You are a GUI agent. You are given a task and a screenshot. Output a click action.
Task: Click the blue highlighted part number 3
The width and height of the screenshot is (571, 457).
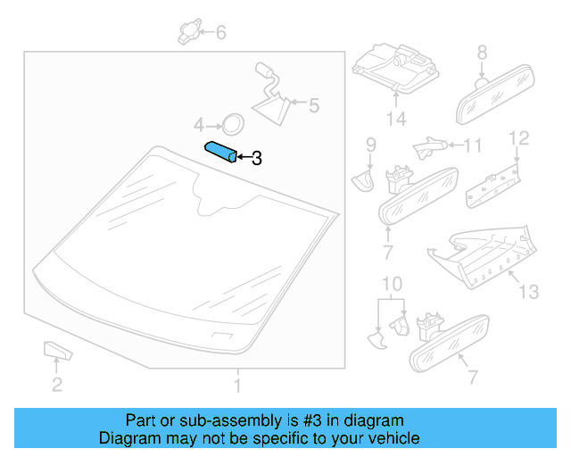pos(221,153)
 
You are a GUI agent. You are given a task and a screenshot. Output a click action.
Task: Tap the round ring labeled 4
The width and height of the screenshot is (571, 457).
pos(232,123)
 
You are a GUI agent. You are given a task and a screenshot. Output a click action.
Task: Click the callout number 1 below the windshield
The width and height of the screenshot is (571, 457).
pos(237,386)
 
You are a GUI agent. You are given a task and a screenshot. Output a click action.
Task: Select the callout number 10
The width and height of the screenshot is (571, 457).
pos(388,286)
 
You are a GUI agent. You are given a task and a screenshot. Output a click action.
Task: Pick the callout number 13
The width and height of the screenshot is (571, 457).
pos(528,290)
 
